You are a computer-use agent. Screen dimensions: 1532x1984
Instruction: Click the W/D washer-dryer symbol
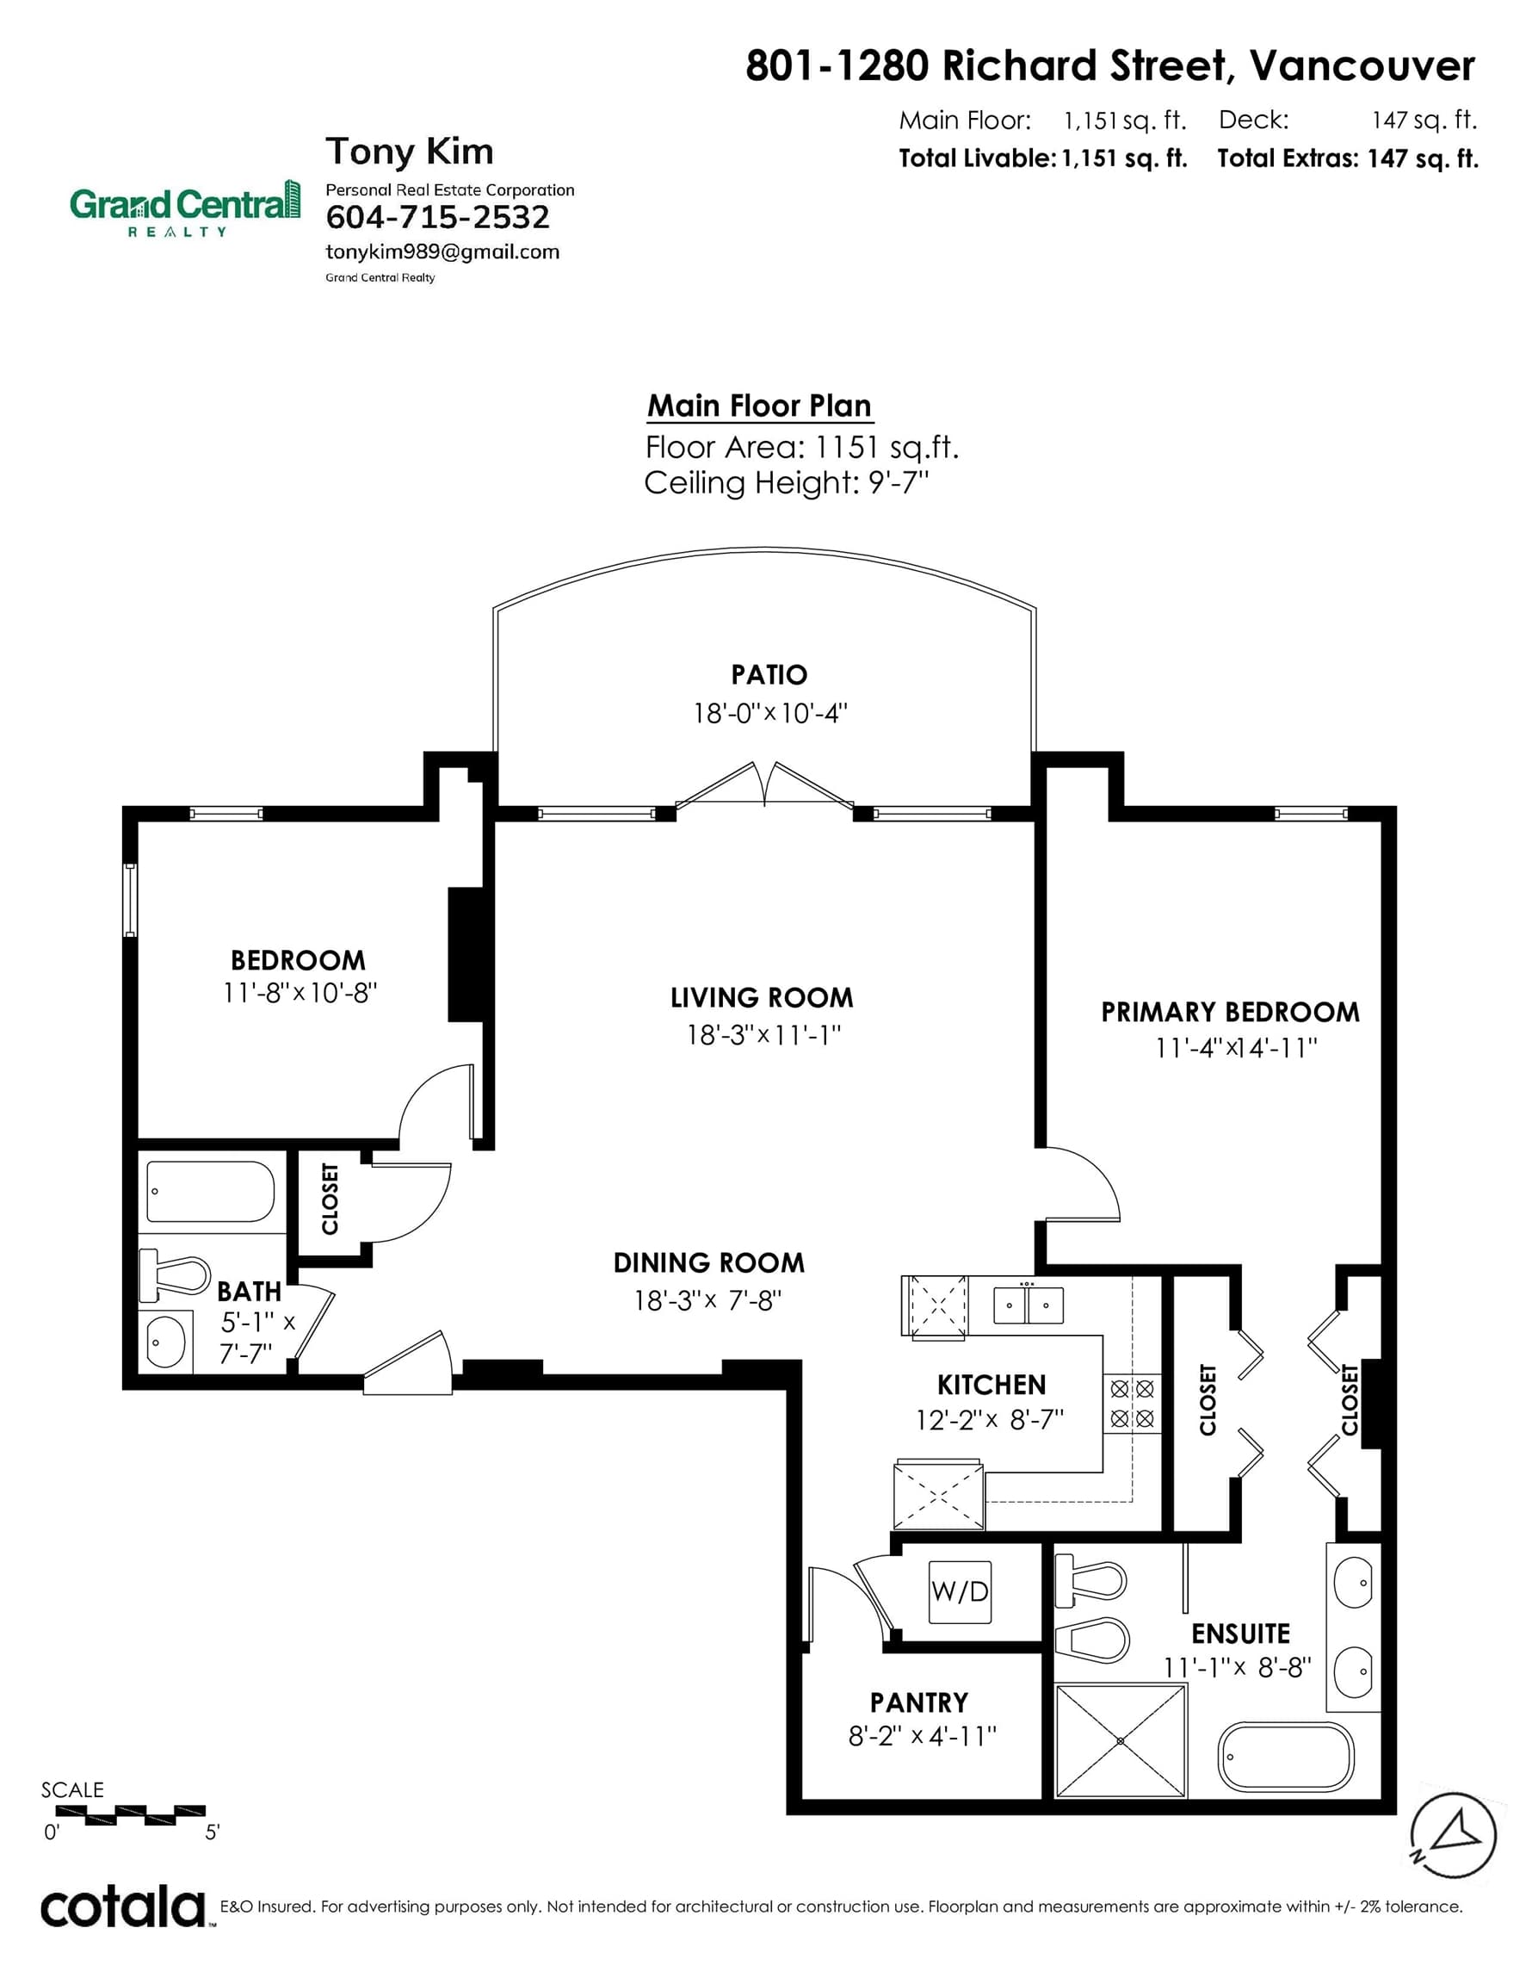coord(959,1592)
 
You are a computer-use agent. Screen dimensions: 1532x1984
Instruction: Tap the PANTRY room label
coord(919,1702)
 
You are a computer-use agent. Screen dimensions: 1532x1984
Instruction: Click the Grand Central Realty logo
coord(186,208)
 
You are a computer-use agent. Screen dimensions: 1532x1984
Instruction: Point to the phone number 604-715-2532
coord(438,217)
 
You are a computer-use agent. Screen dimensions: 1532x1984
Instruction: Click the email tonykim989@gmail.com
coord(442,251)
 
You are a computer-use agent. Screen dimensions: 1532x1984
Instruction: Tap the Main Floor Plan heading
coord(759,406)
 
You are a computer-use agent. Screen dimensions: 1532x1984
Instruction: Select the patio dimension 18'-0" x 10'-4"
coord(770,713)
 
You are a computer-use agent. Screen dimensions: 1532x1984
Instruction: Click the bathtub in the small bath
coord(210,1191)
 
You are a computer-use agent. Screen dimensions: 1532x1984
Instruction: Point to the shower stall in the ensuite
coord(1121,1739)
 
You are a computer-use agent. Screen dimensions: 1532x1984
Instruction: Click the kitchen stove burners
coord(1133,1404)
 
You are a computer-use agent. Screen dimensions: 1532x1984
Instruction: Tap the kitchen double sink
coord(1027,1305)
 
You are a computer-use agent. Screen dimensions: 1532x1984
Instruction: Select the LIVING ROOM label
coord(762,997)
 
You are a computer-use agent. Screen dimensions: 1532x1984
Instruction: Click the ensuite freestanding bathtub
coord(1285,1757)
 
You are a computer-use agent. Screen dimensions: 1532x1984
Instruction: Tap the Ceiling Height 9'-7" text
coord(787,482)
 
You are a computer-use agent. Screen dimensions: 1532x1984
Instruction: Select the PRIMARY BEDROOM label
coord(1231,1012)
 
